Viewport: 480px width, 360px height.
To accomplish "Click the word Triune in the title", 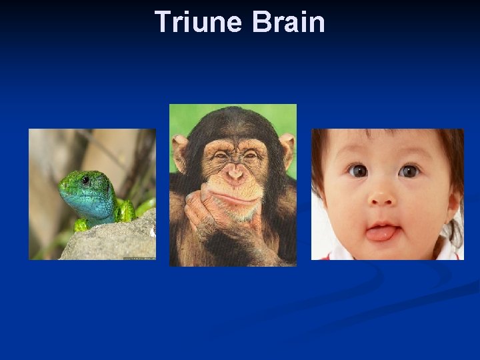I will (199, 22).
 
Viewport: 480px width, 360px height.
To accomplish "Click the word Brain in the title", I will (289, 22).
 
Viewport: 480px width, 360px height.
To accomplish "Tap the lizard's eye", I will (85, 180).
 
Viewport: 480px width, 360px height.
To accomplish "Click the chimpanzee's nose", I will (233, 173).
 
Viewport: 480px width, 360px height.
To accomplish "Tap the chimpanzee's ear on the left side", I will (179, 151).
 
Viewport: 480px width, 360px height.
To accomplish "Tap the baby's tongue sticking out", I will (380, 233).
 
